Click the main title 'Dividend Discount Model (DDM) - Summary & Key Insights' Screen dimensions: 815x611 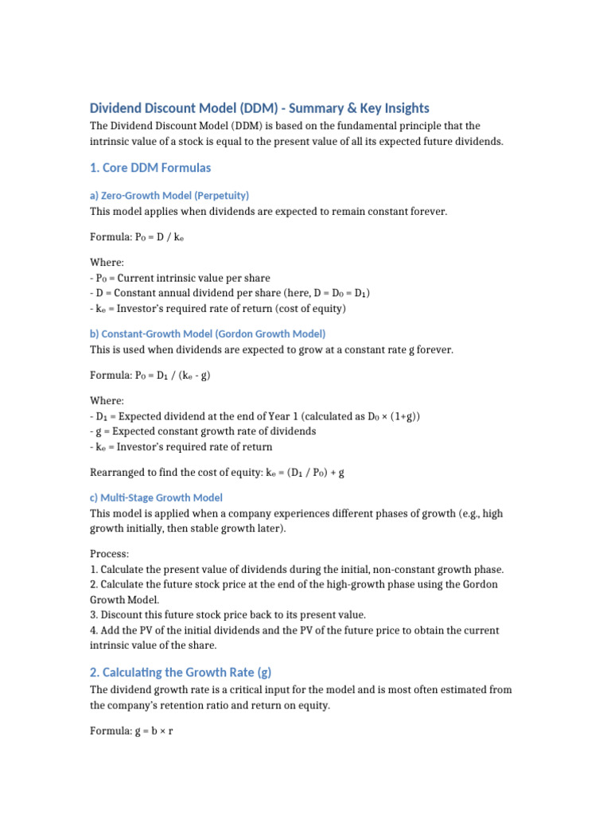tap(259, 108)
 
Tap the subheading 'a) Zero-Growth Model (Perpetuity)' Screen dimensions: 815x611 tap(169, 195)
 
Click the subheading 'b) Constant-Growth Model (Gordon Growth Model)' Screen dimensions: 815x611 tap(207, 333)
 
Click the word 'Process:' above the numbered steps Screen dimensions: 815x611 tap(110, 553)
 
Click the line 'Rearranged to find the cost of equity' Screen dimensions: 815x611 tap(216, 472)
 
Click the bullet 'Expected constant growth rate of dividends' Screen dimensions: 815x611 tap(203, 431)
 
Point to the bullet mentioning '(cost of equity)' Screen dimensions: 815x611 tap(218, 308)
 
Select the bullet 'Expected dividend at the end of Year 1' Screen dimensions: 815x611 tap(255, 416)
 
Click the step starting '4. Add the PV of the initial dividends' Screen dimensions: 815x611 tap(294, 630)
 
